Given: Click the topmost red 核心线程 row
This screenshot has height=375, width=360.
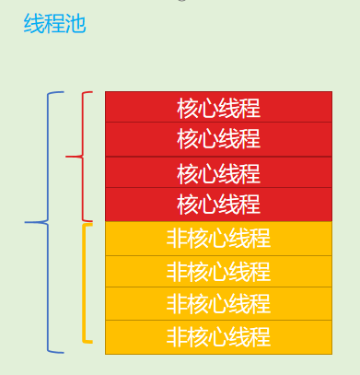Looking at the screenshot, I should coord(218,107).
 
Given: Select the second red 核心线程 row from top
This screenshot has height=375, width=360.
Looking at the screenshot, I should coord(218,139).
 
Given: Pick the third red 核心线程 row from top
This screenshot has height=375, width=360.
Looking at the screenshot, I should coord(218,172).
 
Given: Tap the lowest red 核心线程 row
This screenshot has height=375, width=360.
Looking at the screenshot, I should coord(218,204).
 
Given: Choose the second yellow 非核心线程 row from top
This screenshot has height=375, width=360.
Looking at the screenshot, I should coord(218,271).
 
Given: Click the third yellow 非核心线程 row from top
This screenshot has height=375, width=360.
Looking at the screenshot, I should coord(218,303).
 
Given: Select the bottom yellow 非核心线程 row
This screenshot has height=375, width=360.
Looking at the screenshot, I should coord(218,336).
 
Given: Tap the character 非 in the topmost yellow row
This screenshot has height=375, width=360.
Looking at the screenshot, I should coord(177,238).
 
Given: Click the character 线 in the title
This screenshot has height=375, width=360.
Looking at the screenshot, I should coord(33,24).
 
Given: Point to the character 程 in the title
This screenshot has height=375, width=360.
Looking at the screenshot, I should coord(54,24).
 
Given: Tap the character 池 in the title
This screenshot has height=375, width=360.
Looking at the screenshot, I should coord(75,24).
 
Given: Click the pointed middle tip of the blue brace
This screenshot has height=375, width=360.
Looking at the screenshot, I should coord(26,222).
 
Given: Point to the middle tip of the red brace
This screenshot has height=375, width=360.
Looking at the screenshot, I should coord(67,157).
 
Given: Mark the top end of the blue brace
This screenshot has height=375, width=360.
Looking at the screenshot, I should coord(63,93).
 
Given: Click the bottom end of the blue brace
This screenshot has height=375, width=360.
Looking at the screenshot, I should coord(63,352).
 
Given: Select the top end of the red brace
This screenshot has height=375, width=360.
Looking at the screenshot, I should coord(92,92).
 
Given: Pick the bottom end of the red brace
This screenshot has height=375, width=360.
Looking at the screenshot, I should coord(92,221).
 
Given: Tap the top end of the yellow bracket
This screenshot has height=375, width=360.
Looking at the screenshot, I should coord(92,225).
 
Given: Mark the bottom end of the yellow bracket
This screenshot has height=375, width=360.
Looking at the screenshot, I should coord(92,342).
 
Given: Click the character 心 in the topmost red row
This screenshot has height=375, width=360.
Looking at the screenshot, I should coord(208,107).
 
